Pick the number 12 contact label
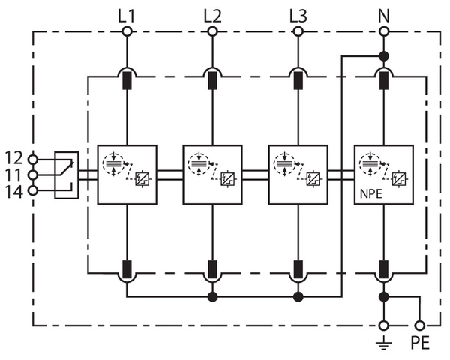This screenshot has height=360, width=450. pyautogui.click(x=14, y=158)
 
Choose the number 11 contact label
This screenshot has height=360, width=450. pyautogui.click(x=14, y=175)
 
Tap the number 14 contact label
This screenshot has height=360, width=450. pyautogui.click(x=14, y=191)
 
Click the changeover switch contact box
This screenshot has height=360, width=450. pyautogui.click(x=66, y=175)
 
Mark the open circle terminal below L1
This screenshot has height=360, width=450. pyautogui.click(x=127, y=31)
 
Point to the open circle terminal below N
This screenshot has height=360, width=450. pyautogui.click(x=383, y=31)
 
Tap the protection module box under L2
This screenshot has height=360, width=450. pyautogui.click(x=212, y=174)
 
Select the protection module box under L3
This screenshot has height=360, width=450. pyautogui.click(x=298, y=174)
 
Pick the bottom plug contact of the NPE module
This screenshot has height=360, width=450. pyautogui.click(x=383, y=268)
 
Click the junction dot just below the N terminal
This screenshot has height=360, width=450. pyautogui.click(x=383, y=56)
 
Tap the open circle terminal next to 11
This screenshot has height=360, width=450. pyautogui.click(x=32, y=175)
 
